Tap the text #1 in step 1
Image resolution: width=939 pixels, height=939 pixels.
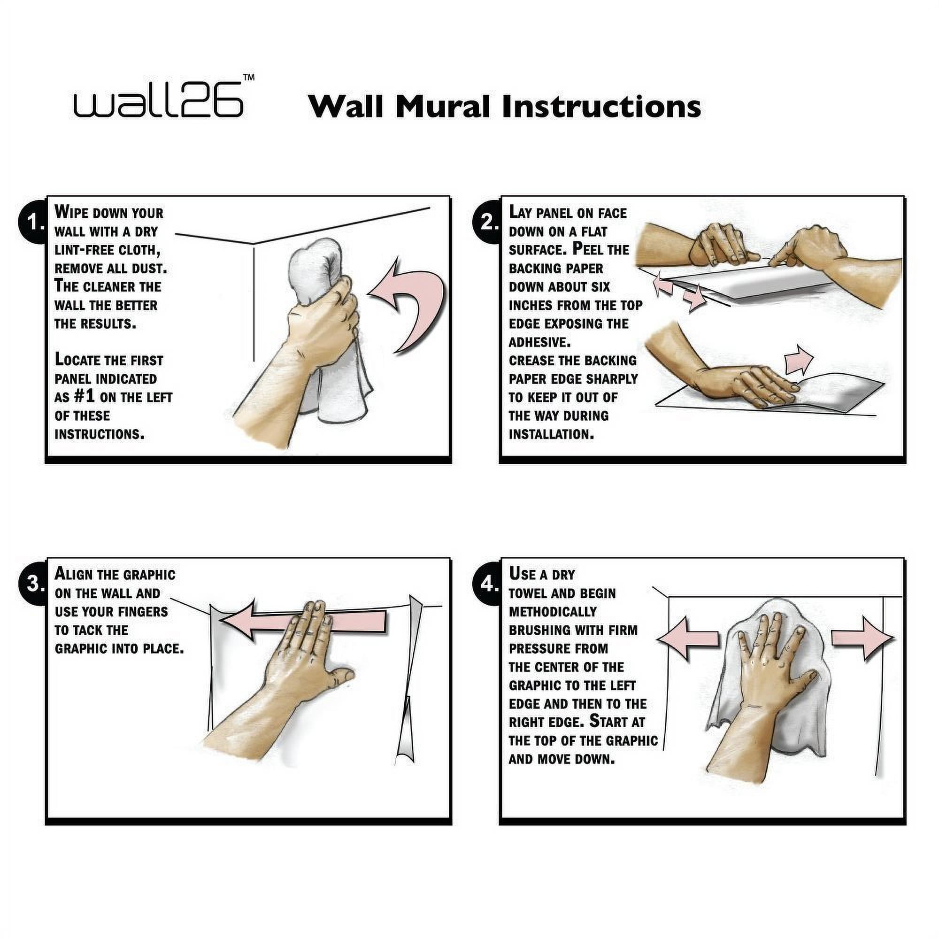(84, 397)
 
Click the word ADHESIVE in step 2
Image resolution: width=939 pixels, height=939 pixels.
(539, 342)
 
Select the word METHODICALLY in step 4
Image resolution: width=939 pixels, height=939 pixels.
(553, 612)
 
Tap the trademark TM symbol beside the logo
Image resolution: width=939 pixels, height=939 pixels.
(248, 77)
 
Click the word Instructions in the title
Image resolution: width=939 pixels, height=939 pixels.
(601, 107)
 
